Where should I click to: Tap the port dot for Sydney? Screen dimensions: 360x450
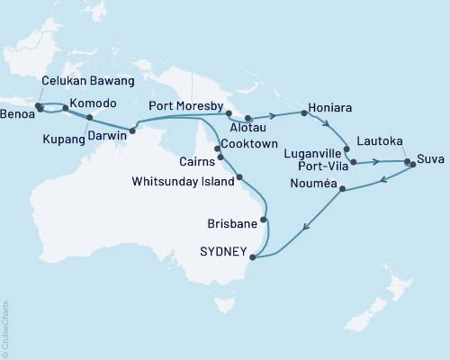click(252, 256)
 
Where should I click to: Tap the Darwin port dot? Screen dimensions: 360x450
click(132, 131)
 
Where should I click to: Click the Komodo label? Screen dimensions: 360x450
click(92, 103)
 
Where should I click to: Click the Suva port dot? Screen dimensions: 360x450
click(411, 164)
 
